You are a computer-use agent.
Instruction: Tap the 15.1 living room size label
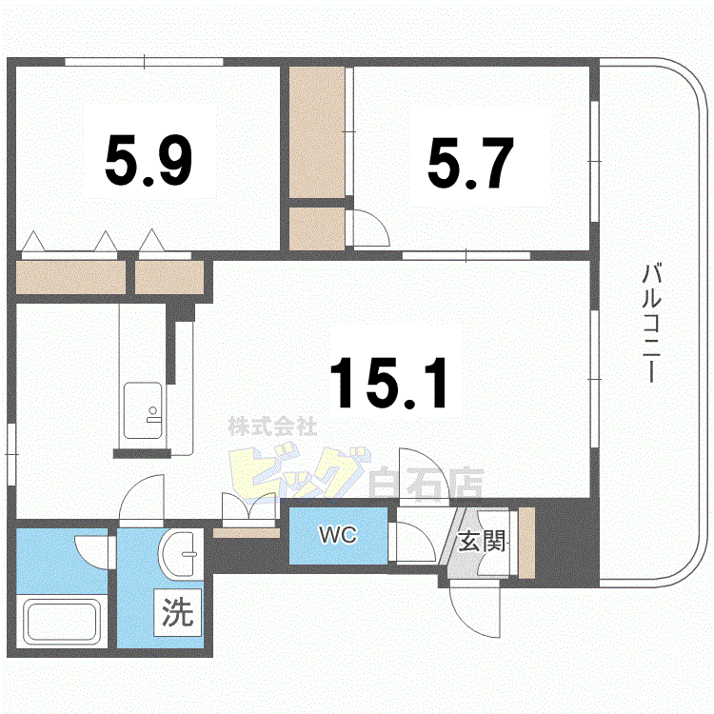click(x=388, y=383)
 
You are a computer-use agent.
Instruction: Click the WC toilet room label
click(x=337, y=536)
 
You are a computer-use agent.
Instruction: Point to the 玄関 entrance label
click(x=482, y=544)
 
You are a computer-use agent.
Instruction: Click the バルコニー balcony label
click(x=650, y=324)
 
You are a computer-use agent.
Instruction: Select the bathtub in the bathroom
click(x=63, y=623)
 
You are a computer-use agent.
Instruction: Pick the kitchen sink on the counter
click(x=142, y=409)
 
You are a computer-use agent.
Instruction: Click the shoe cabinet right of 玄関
click(x=526, y=544)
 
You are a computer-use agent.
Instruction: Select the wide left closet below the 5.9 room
click(x=72, y=277)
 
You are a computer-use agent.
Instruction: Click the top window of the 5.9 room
click(x=144, y=63)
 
